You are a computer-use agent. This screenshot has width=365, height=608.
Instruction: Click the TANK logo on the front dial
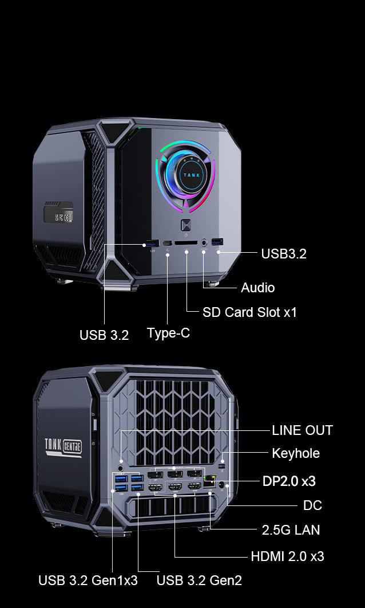192,175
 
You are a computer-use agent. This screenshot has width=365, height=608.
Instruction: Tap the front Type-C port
167,244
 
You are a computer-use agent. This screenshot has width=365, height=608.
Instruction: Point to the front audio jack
204,243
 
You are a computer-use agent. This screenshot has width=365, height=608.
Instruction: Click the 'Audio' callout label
258,288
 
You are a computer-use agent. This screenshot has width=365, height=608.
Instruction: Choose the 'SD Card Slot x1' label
249,312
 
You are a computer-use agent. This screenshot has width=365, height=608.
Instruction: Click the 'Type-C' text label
168,333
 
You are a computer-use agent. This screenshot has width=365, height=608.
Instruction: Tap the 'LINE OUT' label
302,430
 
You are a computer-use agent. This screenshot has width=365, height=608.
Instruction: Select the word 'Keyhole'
296,453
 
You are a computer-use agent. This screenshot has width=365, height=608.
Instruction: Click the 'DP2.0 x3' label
289,481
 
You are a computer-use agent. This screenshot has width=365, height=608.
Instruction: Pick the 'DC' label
313,505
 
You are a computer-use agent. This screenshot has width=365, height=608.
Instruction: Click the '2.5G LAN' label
291,530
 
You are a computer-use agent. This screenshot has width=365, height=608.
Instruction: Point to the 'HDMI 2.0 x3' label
288,556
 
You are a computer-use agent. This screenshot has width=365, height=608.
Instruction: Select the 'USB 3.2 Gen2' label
199,580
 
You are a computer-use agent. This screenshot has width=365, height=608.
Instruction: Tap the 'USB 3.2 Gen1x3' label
88,580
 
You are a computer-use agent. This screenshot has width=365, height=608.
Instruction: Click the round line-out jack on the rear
121,460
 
